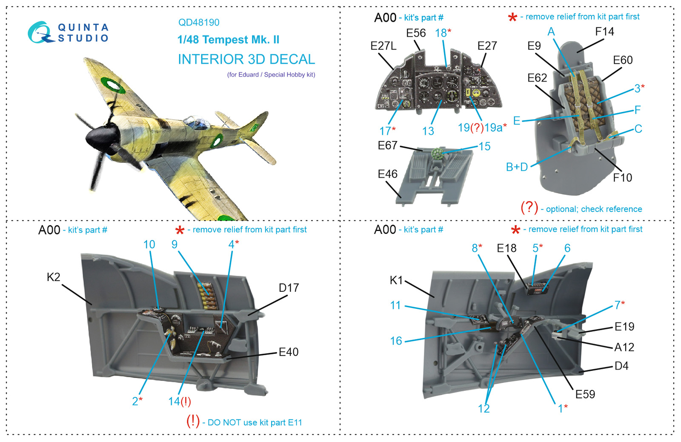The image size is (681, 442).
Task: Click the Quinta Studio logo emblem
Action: pyautogui.click(x=40, y=32)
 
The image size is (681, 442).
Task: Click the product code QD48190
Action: pyautogui.click(x=199, y=23)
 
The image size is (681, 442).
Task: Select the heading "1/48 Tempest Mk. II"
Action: pyautogui.click(x=228, y=40)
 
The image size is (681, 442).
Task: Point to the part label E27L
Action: pyautogui.click(x=383, y=46)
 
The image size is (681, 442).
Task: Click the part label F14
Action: pyautogui.click(x=604, y=32)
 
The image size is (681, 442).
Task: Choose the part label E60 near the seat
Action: pyautogui.click(x=622, y=60)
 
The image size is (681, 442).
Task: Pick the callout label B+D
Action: pyautogui.click(x=517, y=167)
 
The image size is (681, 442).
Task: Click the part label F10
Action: pyautogui.click(x=622, y=178)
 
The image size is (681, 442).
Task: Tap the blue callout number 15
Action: pyautogui.click(x=484, y=147)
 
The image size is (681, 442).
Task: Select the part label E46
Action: pyautogui.click(x=387, y=174)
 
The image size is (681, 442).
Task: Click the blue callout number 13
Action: pyautogui.click(x=428, y=131)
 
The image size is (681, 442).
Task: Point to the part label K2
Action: pyautogui.click(x=54, y=277)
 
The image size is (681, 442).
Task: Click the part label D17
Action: pyautogui.click(x=289, y=288)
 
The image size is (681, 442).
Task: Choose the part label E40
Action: pyautogui.click(x=289, y=352)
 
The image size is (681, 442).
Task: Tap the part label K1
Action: pyautogui.click(x=396, y=280)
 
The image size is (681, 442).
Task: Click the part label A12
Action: pyautogui.click(x=624, y=348)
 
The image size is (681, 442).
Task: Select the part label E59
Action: pyautogui.click(x=585, y=394)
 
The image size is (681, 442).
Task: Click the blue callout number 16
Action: pyautogui.click(x=396, y=341)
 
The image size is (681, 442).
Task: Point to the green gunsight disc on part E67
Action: pyautogui.click(x=437, y=154)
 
